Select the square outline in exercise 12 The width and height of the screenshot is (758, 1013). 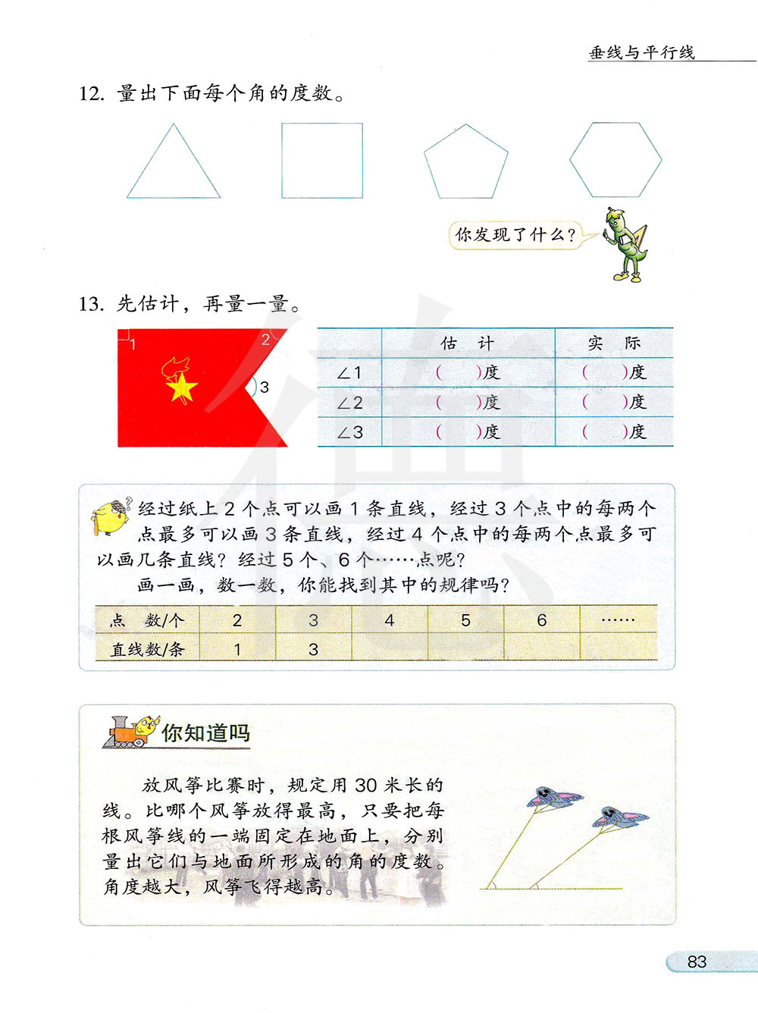[322, 161]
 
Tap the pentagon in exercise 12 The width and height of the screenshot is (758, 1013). [465, 163]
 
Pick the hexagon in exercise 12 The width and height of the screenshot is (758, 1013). [615, 160]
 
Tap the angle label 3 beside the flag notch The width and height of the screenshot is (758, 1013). [265, 387]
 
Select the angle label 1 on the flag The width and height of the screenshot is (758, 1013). [133, 345]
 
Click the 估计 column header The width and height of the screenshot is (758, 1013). [467, 343]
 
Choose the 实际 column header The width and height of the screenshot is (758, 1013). [614, 343]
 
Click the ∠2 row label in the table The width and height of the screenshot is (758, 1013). [349, 403]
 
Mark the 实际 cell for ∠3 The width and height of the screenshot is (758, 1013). [614, 432]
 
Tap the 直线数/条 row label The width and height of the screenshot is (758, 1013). [147, 649]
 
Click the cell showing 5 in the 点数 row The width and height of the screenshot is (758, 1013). [465, 620]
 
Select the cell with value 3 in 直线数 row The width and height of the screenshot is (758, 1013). [313, 649]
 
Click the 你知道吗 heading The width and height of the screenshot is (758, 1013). [205, 732]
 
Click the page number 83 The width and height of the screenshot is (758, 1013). [697, 961]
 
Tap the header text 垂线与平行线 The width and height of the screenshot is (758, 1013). [641, 52]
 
